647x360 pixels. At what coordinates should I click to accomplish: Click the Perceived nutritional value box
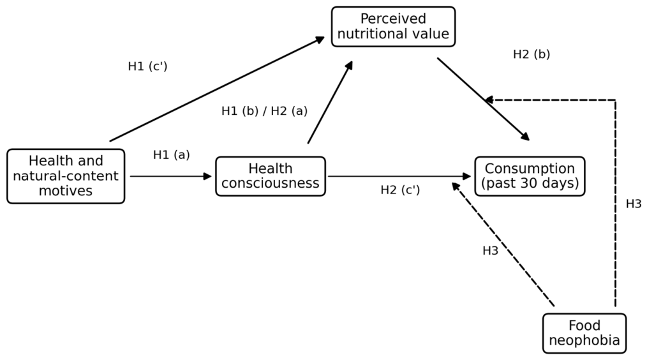(x=393, y=26)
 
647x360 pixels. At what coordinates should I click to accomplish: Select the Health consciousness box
(x=271, y=176)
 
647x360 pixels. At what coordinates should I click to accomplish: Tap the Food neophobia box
(x=584, y=333)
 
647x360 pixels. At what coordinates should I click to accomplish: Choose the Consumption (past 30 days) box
(x=530, y=176)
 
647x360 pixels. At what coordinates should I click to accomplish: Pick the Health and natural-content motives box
(x=66, y=176)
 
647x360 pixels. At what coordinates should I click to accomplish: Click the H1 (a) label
(x=171, y=155)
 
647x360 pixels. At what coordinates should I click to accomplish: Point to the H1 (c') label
(x=148, y=66)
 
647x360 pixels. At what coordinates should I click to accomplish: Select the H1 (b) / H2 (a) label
(x=265, y=111)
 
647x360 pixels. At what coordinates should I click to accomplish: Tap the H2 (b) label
(x=532, y=54)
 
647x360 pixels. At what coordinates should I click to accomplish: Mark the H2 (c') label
(x=400, y=190)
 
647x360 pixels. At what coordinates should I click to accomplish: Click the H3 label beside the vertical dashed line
(x=634, y=204)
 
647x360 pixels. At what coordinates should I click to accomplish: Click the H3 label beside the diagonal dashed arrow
(x=490, y=251)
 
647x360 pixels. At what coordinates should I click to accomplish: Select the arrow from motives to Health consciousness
(x=171, y=176)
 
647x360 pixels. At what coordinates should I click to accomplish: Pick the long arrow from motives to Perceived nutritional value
(x=217, y=89)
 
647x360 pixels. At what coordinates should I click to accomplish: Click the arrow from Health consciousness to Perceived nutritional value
(x=330, y=102)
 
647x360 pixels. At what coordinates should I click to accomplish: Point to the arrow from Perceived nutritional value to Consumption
(x=484, y=100)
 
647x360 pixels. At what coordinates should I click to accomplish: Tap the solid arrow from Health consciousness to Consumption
(x=399, y=176)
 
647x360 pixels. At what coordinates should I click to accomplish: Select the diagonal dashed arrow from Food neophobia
(x=503, y=244)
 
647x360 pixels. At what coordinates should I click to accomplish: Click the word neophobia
(x=584, y=341)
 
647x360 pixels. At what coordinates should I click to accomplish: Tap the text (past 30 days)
(x=530, y=183)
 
